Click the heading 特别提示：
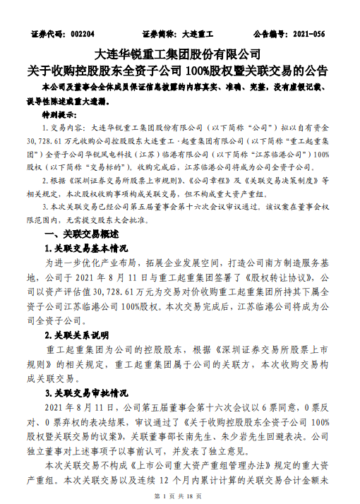(x=60, y=113)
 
